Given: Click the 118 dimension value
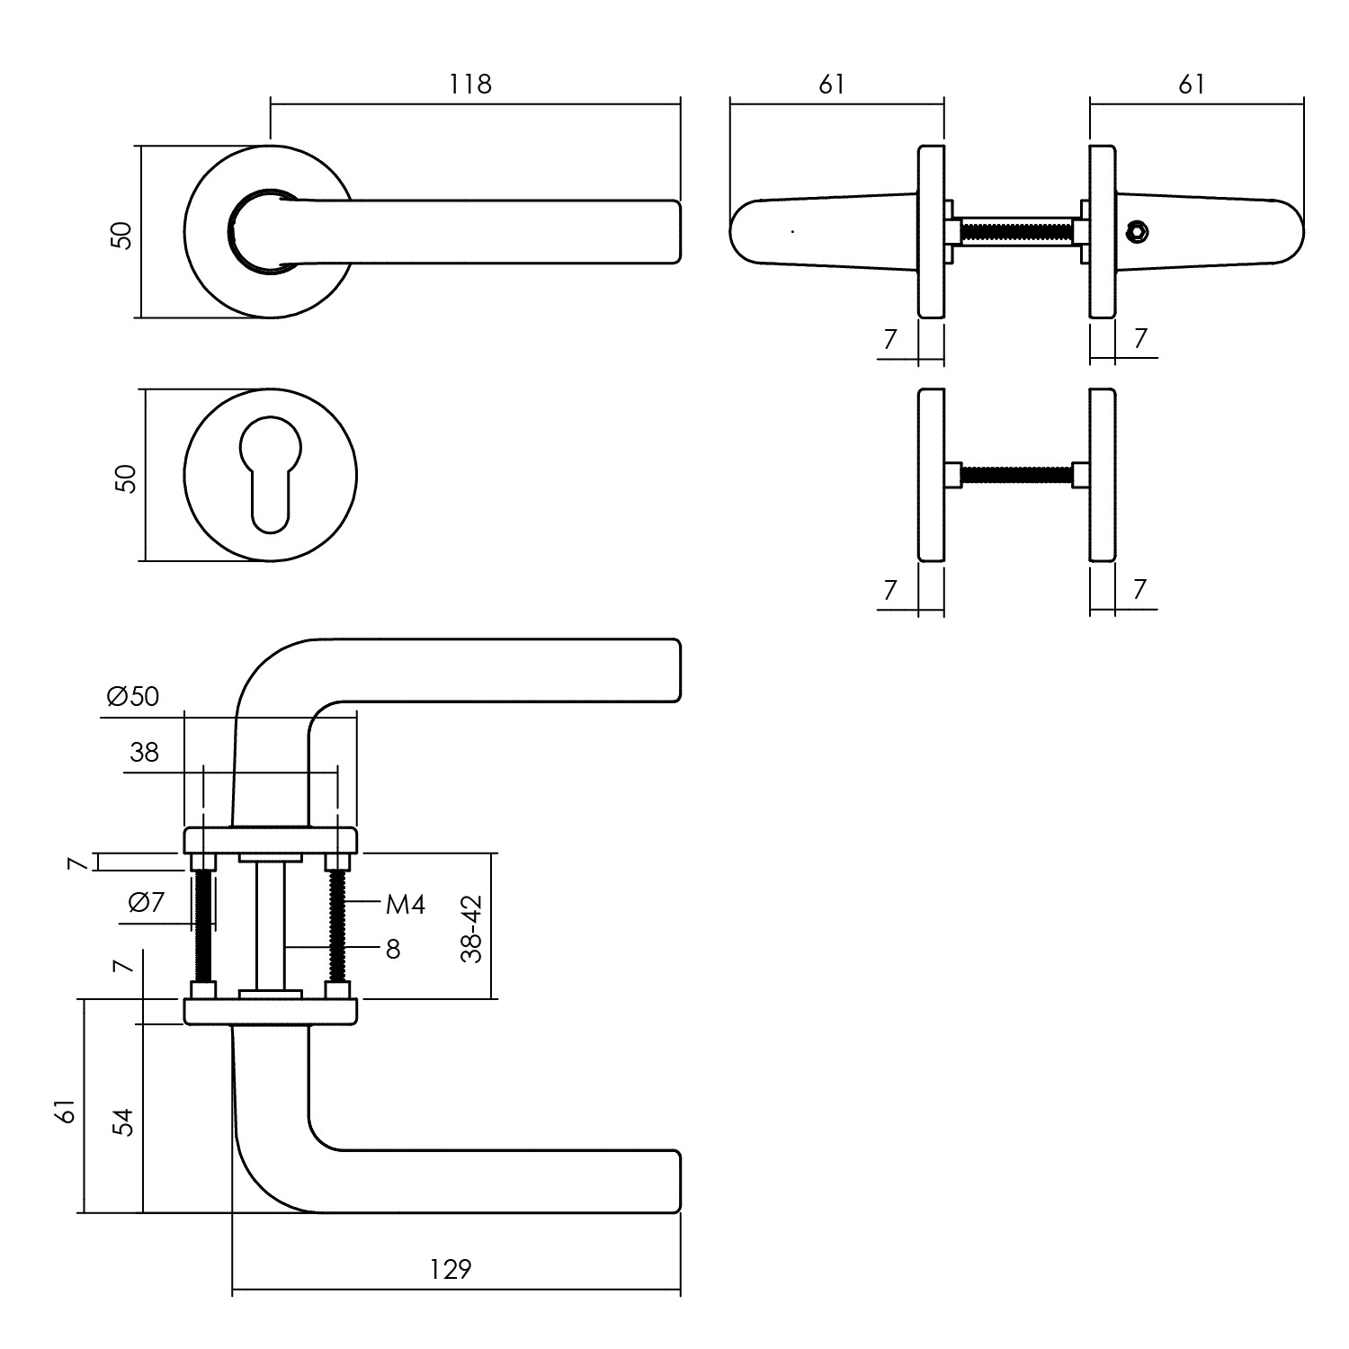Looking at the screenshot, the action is [470, 84].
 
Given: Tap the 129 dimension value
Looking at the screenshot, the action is [450, 1269].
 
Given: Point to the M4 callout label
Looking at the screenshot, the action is [405, 905].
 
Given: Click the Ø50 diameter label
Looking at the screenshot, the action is [132, 696].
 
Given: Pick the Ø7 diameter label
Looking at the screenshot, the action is [147, 902].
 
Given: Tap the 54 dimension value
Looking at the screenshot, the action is [122, 1121].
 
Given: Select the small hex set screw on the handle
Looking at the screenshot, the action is [1139, 233].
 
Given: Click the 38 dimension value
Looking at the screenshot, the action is [144, 752].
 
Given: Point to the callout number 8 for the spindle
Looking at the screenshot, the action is [393, 949].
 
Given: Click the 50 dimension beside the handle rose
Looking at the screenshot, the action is [122, 235].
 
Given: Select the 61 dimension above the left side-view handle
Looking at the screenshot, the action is [832, 84].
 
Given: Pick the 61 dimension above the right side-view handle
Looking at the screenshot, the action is [1191, 84].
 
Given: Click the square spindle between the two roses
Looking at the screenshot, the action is [270, 926].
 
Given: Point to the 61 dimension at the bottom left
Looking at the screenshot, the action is [64, 1111].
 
